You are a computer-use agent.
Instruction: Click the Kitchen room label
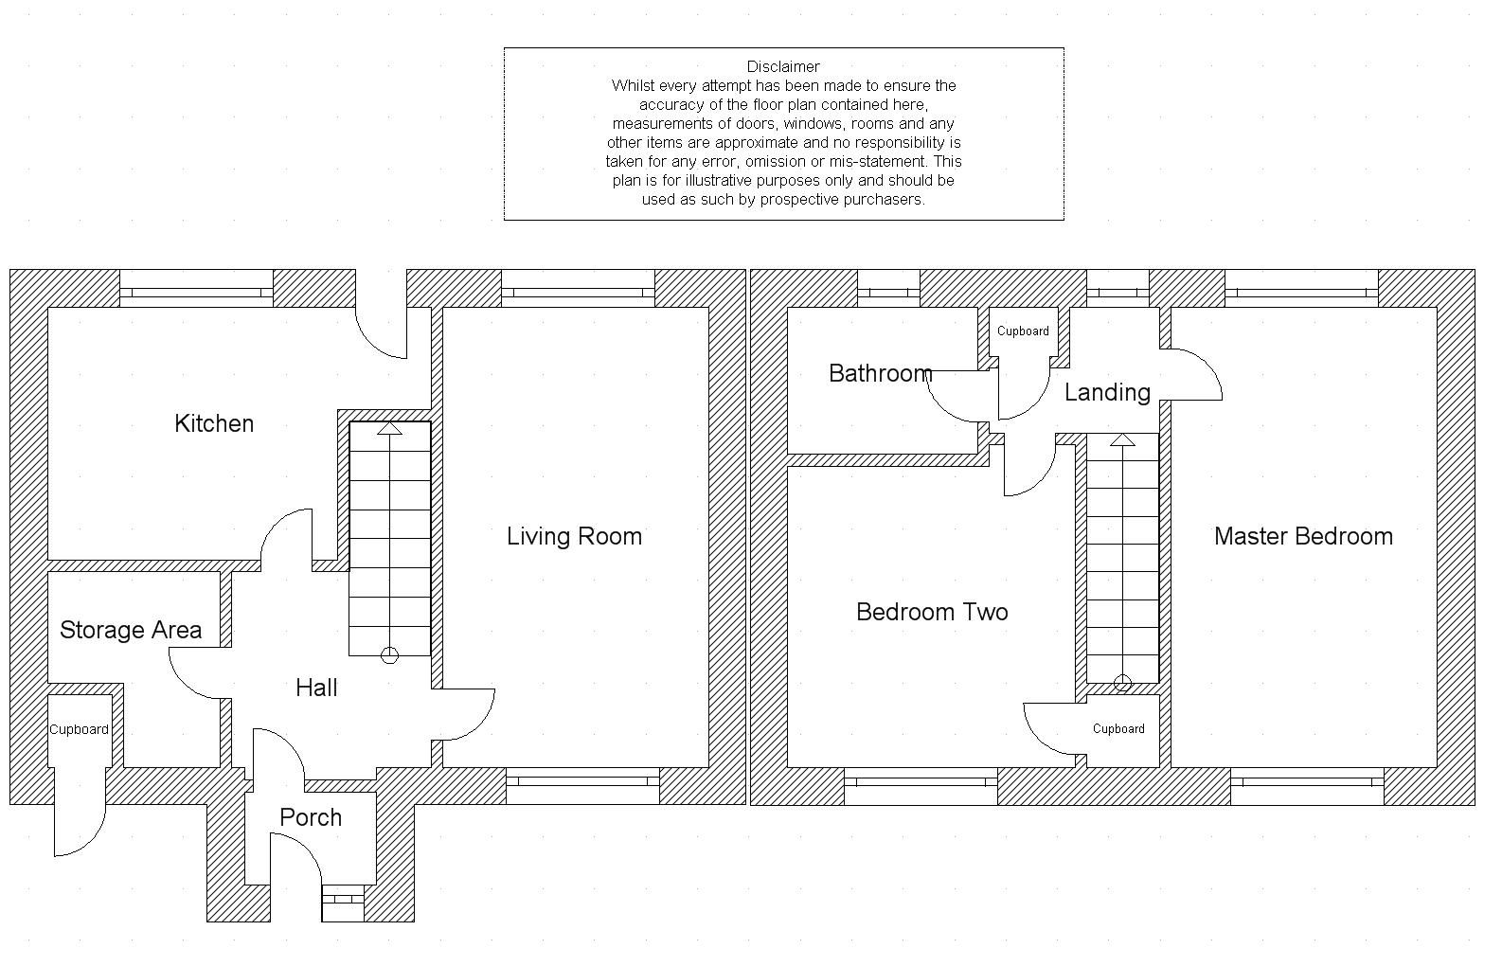point(214,423)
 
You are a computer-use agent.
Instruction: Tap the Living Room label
point(574,537)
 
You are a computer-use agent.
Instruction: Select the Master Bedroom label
point(1303,536)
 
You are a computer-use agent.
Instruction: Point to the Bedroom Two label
point(932,612)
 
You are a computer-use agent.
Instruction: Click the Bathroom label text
point(881,373)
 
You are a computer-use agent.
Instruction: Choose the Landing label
point(1107,393)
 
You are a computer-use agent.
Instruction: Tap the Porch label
point(311,817)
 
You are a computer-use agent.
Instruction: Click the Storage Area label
point(131,630)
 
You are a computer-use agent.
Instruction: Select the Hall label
point(316,688)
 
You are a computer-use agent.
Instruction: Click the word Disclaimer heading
point(783,67)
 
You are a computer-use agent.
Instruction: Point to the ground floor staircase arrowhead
point(389,428)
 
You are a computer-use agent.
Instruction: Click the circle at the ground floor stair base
point(389,655)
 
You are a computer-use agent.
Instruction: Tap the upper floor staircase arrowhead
point(1122,439)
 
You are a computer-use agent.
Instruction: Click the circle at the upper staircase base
point(1122,684)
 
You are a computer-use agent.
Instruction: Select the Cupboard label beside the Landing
point(1023,331)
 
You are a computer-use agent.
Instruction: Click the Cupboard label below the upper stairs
point(1118,728)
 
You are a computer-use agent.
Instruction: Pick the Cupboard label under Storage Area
point(80,729)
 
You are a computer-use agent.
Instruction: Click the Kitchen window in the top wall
point(196,293)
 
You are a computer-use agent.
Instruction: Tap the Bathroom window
point(889,293)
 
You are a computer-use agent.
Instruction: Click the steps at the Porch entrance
point(343,903)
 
